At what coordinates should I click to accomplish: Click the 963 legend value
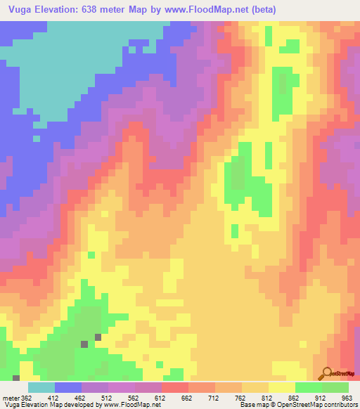[x=346, y=398]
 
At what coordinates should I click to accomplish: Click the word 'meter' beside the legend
[x=10, y=398]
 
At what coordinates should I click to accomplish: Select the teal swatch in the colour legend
[x=41, y=387]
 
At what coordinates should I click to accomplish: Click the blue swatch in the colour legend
[x=68, y=387]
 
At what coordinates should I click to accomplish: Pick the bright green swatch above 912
[x=308, y=387]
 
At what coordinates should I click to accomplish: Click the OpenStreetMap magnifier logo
[x=327, y=372]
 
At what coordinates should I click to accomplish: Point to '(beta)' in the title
[x=260, y=10]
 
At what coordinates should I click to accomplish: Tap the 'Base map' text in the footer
[x=252, y=405]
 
